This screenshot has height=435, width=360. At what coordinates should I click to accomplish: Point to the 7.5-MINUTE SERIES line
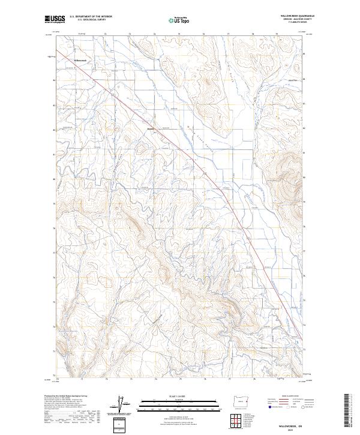coord(292,26)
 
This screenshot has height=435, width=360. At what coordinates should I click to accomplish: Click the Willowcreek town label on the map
coord(80,60)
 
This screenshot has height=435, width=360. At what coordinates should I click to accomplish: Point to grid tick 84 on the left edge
coord(53,79)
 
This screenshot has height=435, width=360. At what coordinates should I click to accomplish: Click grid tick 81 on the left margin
coord(53,154)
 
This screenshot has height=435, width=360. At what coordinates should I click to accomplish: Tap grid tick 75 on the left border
coord(53,302)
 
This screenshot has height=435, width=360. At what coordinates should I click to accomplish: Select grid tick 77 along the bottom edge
coord(229,379)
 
